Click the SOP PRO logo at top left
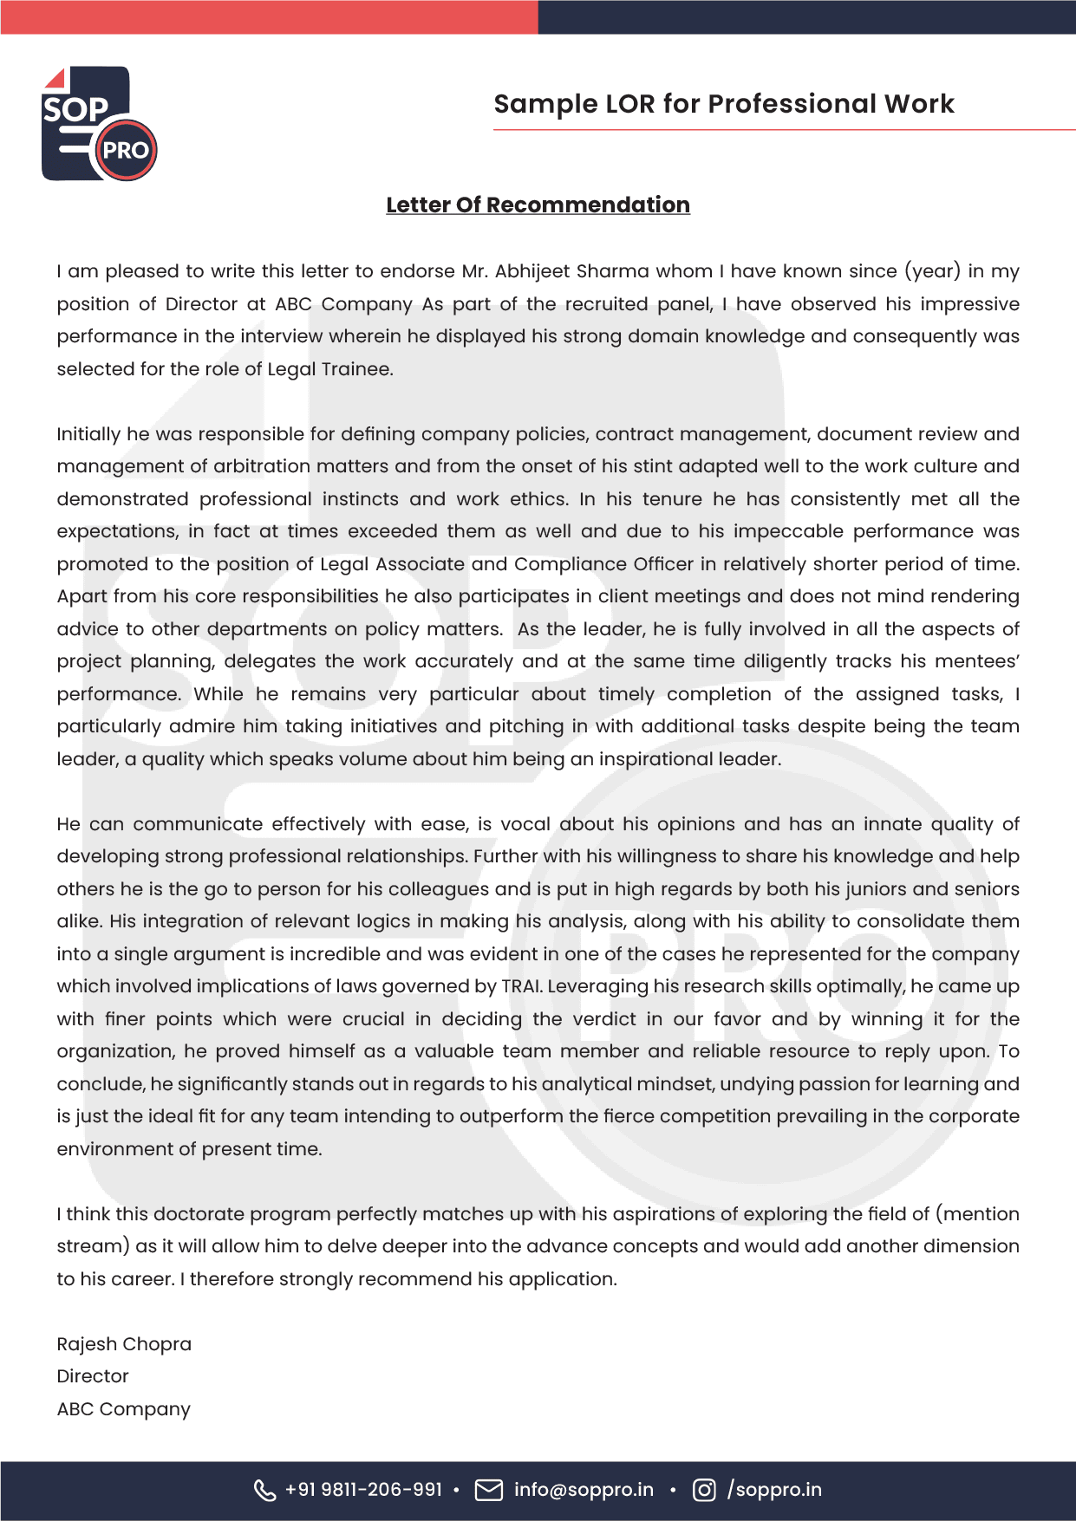click(x=99, y=124)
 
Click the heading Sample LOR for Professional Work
click(x=723, y=104)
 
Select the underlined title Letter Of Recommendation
click(x=538, y=205)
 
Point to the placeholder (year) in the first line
click(x=932, y=271)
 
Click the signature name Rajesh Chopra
click(x=124, y=1344)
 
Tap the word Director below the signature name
click(x=93, y=1376)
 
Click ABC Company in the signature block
click(x=123, y=1409)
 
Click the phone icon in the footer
click(x=264, y=1490)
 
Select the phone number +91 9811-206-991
click(x=363, y=1490)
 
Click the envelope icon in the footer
click(x=489, y=1490)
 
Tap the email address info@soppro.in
click(x=584, y=1490)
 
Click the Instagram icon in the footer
click(x=704, y=1490)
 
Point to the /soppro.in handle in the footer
click(x=774, y=1490)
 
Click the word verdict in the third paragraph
click(x=604, y=1019)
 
